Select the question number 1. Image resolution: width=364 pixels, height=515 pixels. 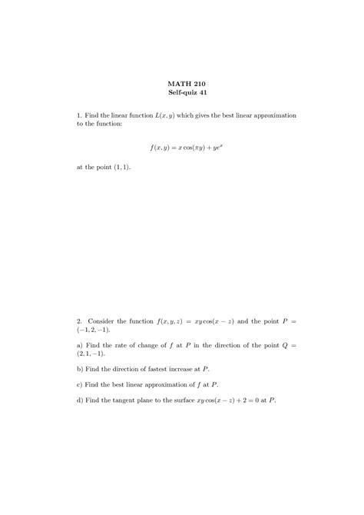80,115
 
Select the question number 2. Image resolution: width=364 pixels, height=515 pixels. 80,319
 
